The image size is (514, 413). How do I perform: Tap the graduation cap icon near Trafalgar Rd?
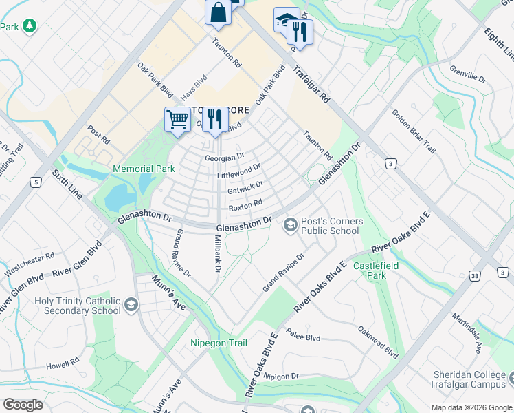(x=286, y=20)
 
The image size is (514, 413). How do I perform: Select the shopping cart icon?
(x=178, y=120)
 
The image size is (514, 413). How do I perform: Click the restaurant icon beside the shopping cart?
(x=215, y=120)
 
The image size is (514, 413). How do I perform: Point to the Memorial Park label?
(x=144, y=168)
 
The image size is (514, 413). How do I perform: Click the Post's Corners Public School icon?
(x=290, y=225)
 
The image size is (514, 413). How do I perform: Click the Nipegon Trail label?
(x=219, y=342)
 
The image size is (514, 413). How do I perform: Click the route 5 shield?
(x=34, y=182)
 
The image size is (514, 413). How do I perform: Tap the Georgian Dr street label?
(x=225, y=158)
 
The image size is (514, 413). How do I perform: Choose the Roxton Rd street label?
(x=245, y=204)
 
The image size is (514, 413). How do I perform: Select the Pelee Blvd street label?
(x=304, y=337)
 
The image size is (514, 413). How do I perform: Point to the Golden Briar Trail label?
(x=414, y=131)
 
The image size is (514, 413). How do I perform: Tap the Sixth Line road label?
(x=67, y=184)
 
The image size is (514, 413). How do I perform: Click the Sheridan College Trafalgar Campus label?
(x=469, y=379)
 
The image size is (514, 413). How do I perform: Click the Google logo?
(x=23, y=405)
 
